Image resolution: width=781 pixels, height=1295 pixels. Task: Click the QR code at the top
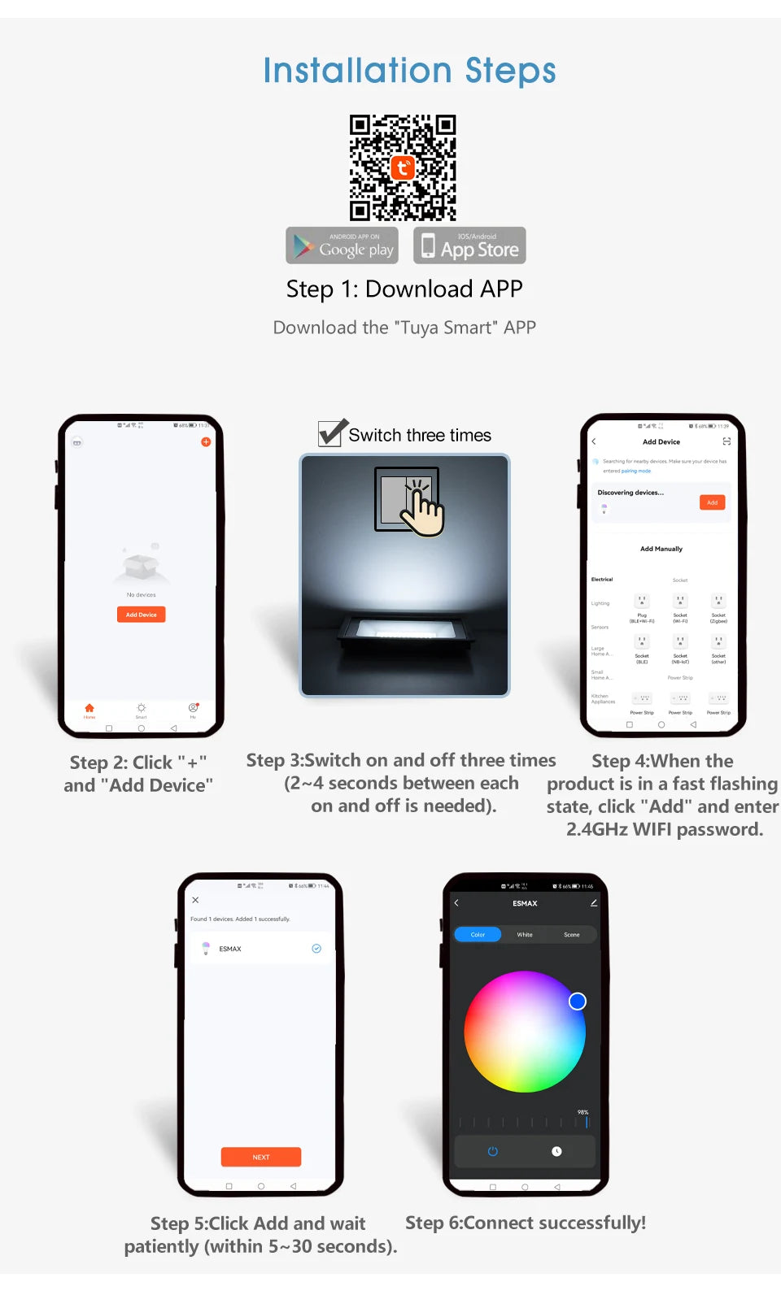(x=403, y=167)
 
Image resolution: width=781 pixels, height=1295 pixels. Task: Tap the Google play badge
(x=343, y=246)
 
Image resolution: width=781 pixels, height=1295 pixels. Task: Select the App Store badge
(x=469, y=246)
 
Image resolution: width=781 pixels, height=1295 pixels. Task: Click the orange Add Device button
(x=141, y=615)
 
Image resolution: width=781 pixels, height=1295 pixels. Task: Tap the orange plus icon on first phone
(x=206, y=442)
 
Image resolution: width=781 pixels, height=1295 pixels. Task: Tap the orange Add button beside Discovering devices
(x=712, y=502)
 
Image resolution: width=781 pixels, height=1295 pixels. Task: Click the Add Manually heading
(x=661, y=549)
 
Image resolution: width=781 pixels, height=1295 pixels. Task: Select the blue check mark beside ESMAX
(x=316, y=949)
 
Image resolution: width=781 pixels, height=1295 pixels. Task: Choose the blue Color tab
(x=478, y=935)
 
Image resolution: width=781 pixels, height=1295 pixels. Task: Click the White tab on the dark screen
(x=525, y=935)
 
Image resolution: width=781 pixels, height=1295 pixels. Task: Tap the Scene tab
(x=572, y=935)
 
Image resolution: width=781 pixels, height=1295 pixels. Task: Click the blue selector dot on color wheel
(x=578, y=1002)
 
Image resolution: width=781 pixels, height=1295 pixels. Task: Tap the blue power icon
(x=492, y=1151)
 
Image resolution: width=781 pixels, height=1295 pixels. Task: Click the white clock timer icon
(x=556, y=1151)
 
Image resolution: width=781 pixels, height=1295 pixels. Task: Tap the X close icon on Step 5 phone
(x=195, y=900)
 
